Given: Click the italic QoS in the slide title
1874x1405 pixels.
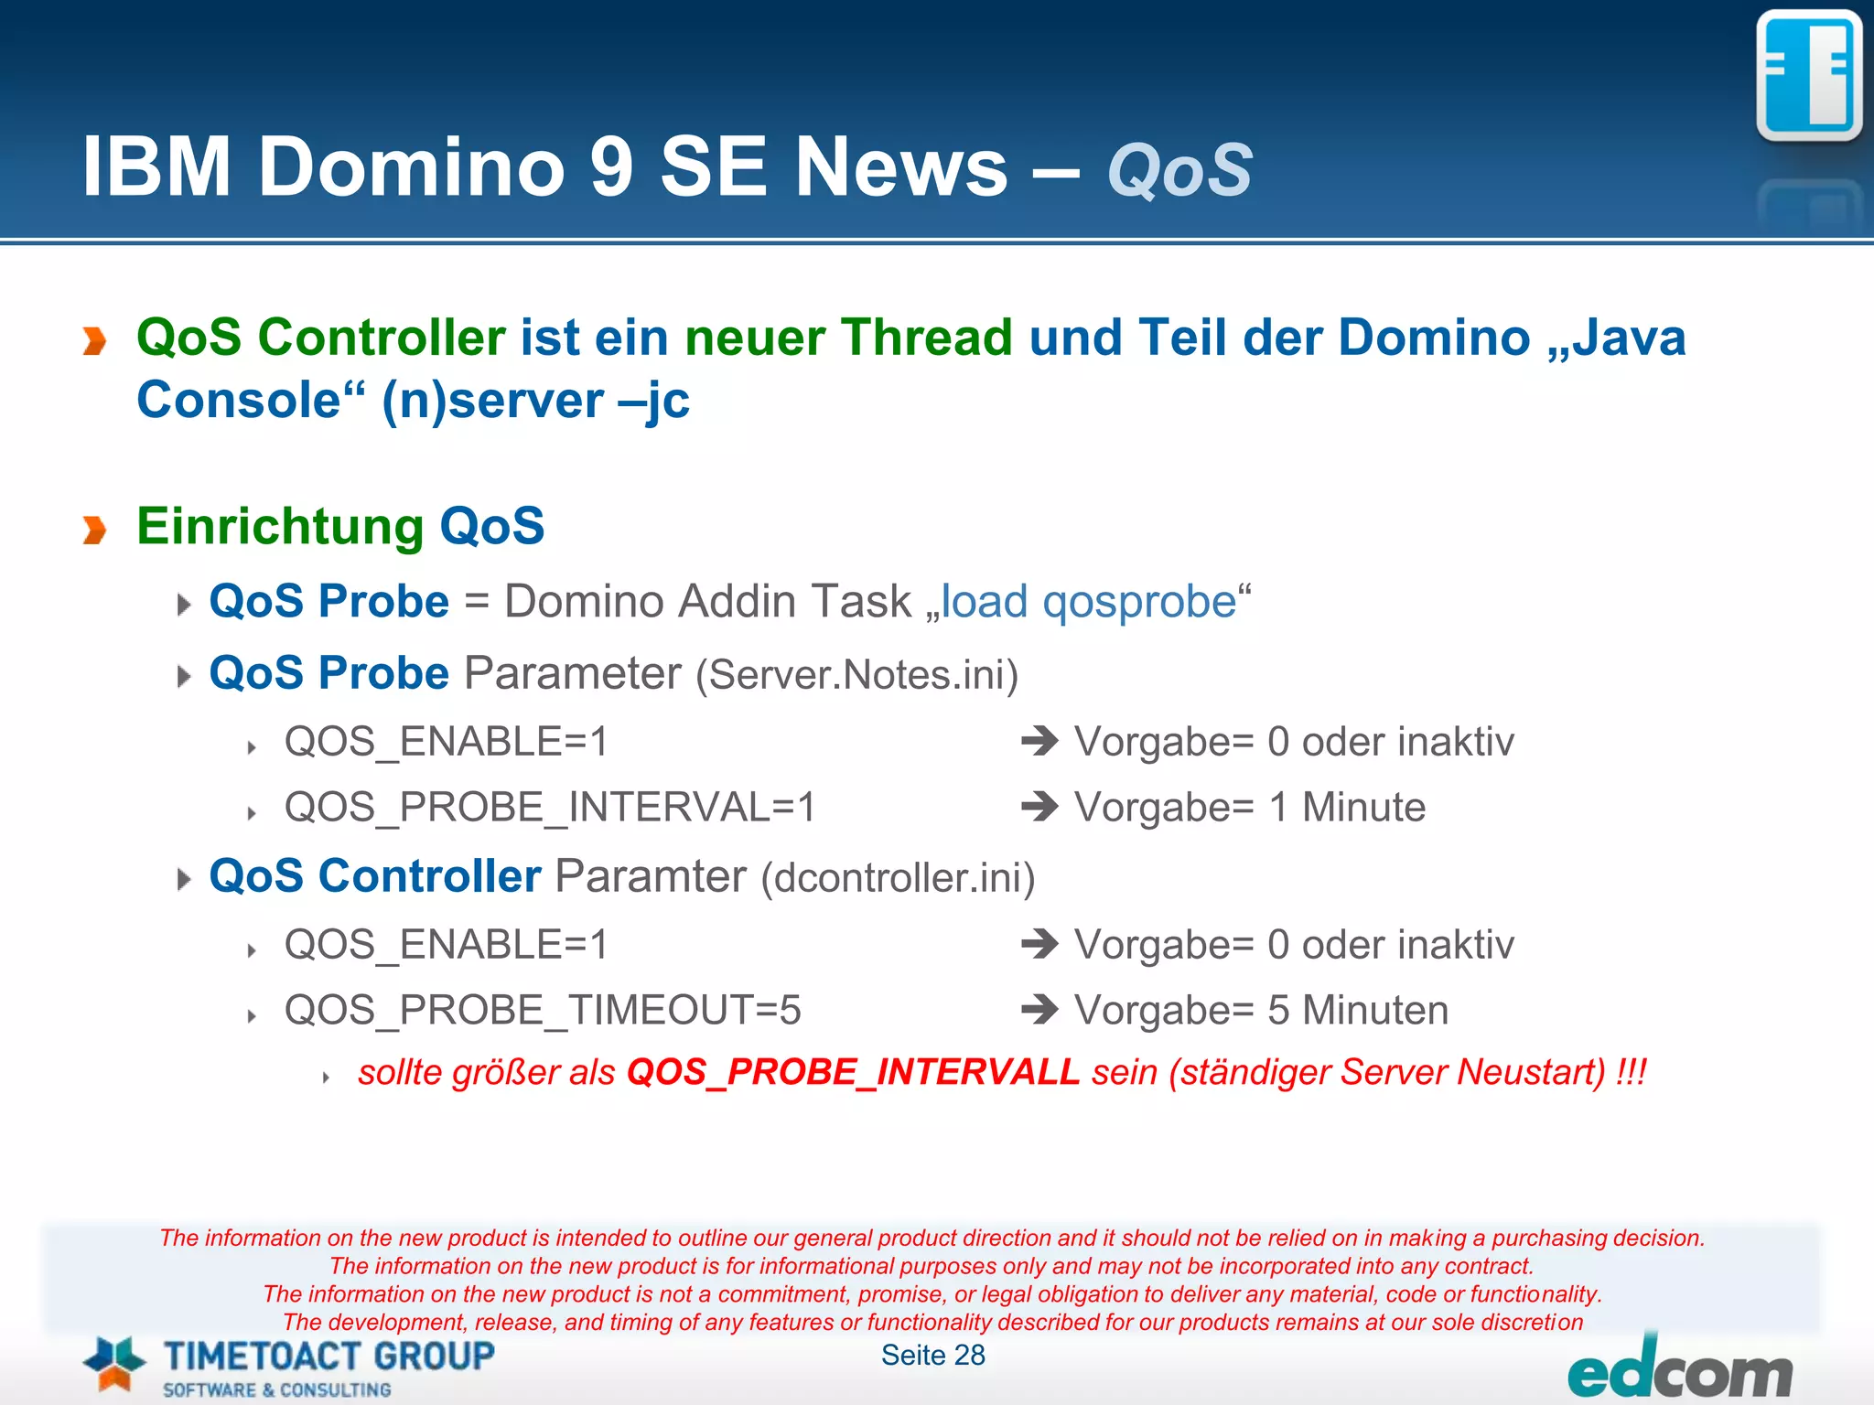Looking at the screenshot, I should [1179, 170].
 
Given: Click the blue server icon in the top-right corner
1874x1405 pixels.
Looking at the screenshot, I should [1808, 77].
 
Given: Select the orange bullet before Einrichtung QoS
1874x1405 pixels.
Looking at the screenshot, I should [94, 529].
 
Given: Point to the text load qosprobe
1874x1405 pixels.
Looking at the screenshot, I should [1089, 602].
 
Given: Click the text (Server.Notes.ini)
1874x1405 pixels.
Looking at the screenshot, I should [856, 676].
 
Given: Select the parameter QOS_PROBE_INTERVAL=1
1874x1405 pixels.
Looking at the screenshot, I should [549, 808].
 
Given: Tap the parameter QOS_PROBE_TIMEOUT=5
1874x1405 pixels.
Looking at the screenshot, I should [543, 1011].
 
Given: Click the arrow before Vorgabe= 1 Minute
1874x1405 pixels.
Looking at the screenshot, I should [1039, 807].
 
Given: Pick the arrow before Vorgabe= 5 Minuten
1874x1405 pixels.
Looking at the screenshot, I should [1039, 1010].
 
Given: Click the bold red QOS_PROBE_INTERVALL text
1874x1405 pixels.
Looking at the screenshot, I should [853, 1072].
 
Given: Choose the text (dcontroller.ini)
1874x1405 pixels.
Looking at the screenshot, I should [898, 878].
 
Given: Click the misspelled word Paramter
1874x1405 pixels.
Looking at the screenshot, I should [651, 876].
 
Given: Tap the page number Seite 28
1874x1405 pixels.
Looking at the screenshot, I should [932, 1355].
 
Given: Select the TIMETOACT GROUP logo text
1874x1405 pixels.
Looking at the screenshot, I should [328, 1356].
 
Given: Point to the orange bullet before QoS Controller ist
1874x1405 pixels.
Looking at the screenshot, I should [94, 340].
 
